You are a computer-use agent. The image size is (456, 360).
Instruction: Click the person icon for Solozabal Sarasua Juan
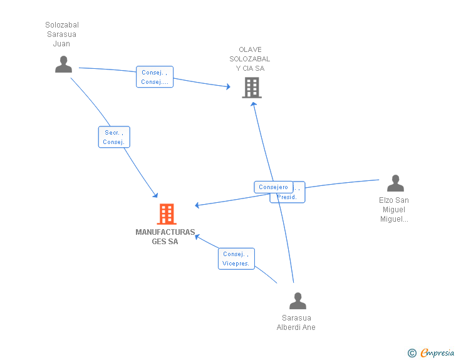tap(63, 64)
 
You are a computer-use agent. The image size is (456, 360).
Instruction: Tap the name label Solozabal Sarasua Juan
tap(62, 34)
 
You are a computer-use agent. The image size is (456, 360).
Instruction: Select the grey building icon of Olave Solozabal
tap(251, 88)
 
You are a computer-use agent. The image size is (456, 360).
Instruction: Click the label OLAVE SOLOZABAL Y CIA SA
tap(250, 59)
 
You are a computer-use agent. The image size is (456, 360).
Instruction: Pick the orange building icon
tap(166, 214)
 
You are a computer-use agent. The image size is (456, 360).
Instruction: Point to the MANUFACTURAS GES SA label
tap(165, 237)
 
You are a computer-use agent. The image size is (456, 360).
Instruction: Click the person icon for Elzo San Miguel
tap(395, 183)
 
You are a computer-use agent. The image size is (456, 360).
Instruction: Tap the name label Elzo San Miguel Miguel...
tap(394, 210)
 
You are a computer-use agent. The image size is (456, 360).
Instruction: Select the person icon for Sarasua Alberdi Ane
tap(298, 301)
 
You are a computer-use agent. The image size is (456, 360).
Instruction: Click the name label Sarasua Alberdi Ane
tap(296, 322)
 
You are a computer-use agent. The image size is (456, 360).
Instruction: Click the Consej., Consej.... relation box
tap(155, 77)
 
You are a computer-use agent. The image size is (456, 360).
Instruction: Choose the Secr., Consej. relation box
tap(114, 137)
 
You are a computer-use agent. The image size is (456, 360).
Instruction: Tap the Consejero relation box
tap(273, 187)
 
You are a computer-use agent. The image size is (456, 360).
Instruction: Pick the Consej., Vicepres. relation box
tap(236, 259)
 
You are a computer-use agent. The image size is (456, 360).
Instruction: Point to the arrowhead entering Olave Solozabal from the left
tap(228, 86)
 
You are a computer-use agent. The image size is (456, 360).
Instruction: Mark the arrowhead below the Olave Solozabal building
tap(254, 104)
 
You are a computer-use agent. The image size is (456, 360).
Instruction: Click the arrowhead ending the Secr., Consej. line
tap(155, 195)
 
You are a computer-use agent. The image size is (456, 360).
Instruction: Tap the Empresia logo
tap(437, 353)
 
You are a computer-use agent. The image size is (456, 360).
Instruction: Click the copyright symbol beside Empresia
tap(412, 353)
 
